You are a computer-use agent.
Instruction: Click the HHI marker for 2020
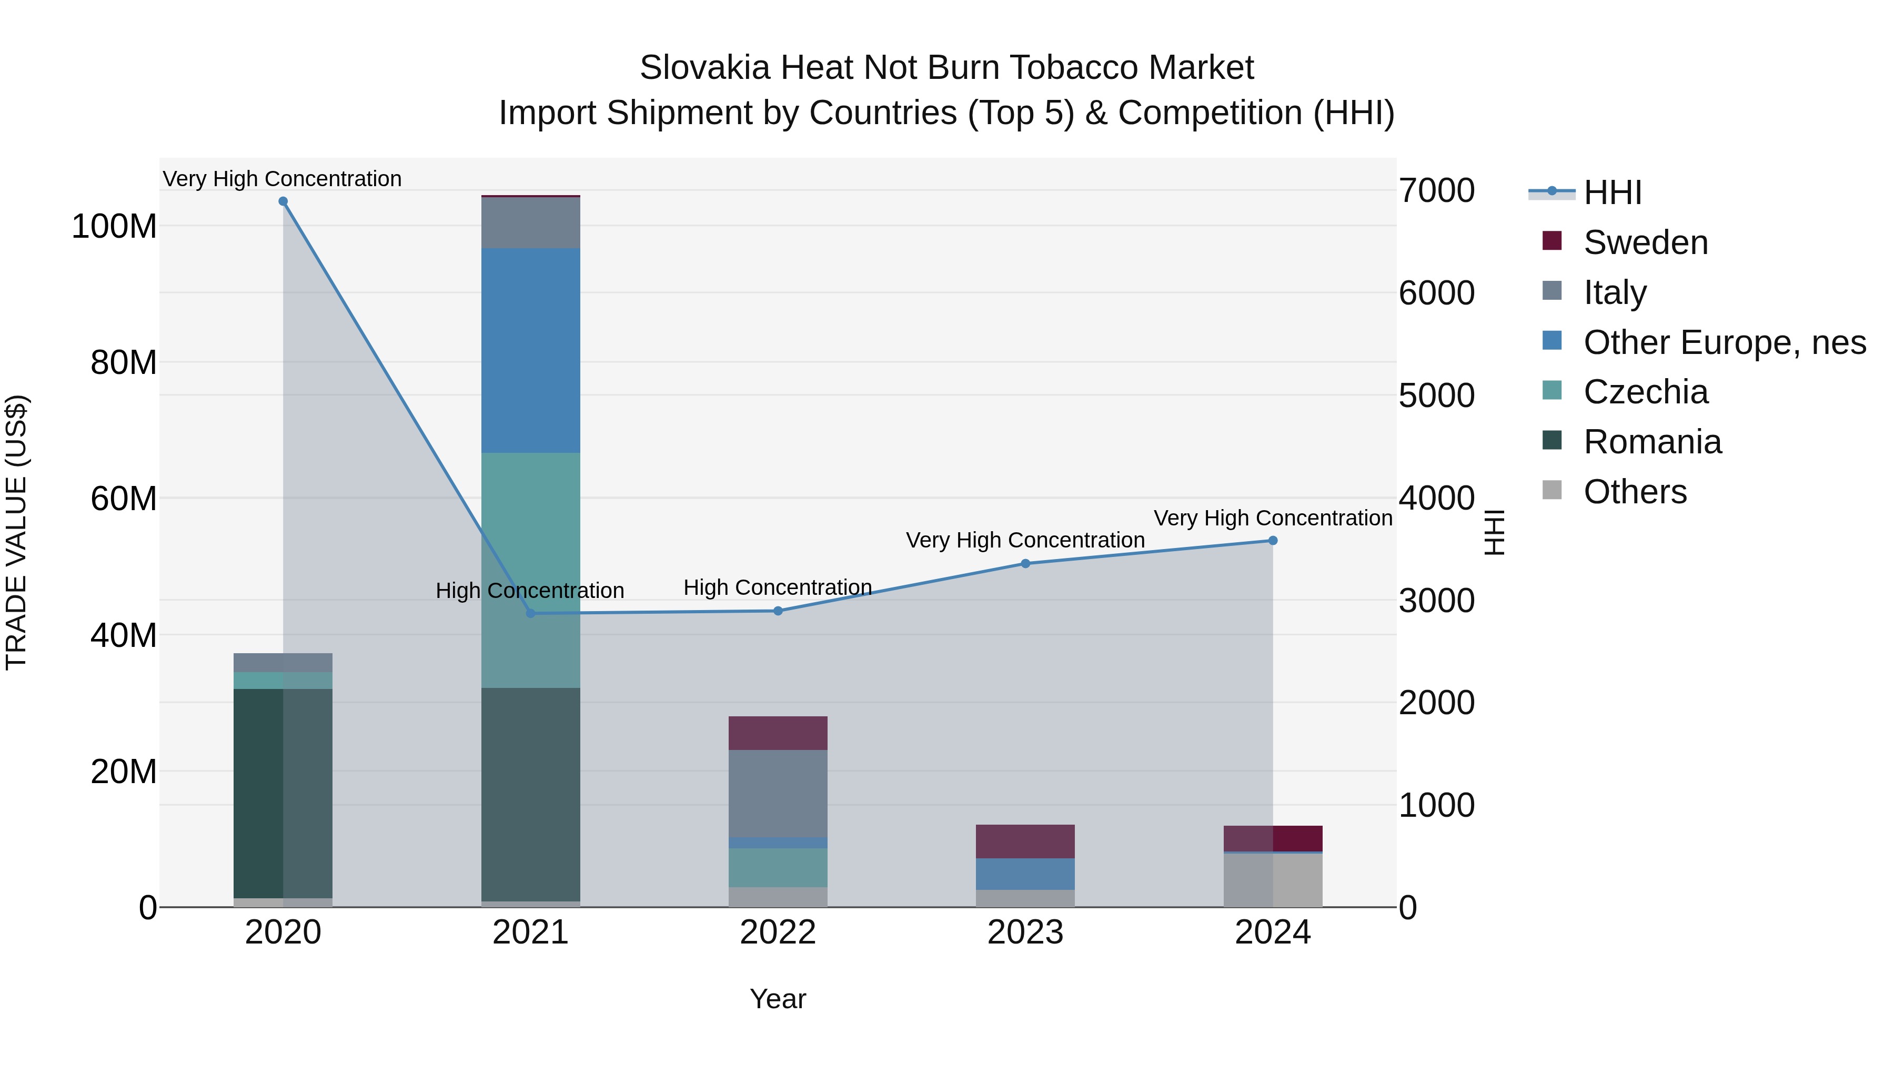283,201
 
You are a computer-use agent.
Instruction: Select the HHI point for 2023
1026,564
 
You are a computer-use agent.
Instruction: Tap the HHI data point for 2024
1273,541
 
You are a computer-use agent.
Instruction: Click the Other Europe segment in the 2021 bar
530,351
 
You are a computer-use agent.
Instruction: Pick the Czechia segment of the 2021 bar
530,570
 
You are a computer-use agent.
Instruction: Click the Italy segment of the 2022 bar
778,793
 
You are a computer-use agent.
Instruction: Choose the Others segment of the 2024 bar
1273,880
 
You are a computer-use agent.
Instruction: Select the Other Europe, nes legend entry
1724,342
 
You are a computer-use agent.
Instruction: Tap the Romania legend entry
1651,442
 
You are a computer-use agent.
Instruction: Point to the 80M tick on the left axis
124,362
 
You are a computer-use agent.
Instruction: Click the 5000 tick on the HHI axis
1436,395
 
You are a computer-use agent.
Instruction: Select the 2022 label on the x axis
778,932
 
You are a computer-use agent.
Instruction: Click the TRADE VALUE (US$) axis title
16,532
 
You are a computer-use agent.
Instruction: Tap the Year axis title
778,999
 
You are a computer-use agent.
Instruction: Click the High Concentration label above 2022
778,587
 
